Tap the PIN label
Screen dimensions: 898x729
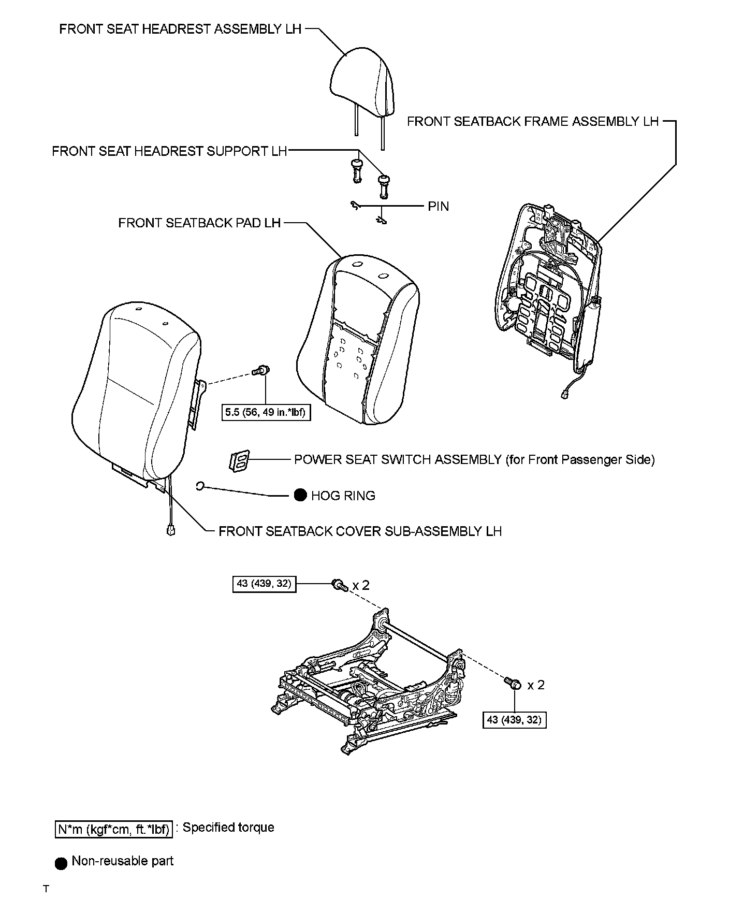(x=438, y=207)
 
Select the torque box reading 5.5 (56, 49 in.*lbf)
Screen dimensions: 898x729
(x=266, y=413)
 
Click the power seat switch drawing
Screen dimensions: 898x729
(x=239, y=460)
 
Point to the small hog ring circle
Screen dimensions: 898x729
(x=201, y=486)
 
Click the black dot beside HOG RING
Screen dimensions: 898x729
(x=300, y=496)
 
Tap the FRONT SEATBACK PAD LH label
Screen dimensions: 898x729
(x=199, y=223)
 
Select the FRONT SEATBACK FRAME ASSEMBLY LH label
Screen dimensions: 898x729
(x=532, y=122)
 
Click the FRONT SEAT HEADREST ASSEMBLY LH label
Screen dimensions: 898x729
(x=180, y=29)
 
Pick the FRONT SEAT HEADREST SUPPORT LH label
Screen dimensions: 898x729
(x=169, y=151)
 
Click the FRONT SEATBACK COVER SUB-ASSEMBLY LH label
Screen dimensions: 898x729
(x=360, y=531)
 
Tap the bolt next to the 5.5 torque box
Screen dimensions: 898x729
(x=261, y=371)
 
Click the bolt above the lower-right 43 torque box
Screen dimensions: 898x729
(x=513, y=684)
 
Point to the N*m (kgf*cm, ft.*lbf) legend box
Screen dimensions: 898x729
(x=113, y=829)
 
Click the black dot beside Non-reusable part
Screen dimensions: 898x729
(x=61, y=864)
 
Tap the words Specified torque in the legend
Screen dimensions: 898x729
(x=228, y=828)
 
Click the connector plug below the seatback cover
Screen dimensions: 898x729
(x=170, y=530)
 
